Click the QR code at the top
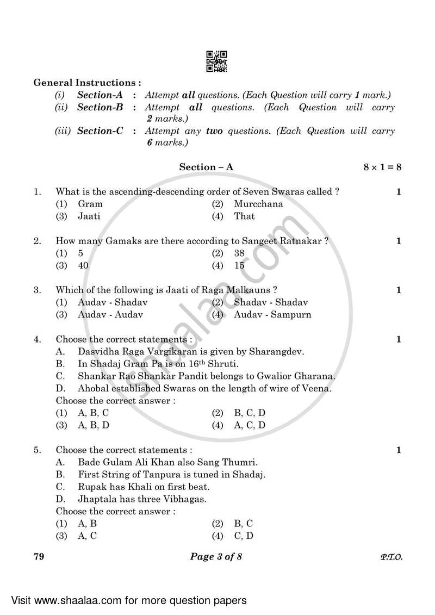tap(216, 61)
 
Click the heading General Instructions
tap(87, 83)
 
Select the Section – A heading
tap(206, 167)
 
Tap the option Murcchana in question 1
tap(258, 204)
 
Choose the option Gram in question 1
tap(90, 204)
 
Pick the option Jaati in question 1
tap(89, 216)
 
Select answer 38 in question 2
tap(239, 253)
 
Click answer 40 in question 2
tap(83, 265)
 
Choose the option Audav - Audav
tap(110, 315)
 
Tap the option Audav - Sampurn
tap(272, 315)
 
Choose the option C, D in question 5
tap(244, 536)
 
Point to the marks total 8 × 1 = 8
tap(382, 167)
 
